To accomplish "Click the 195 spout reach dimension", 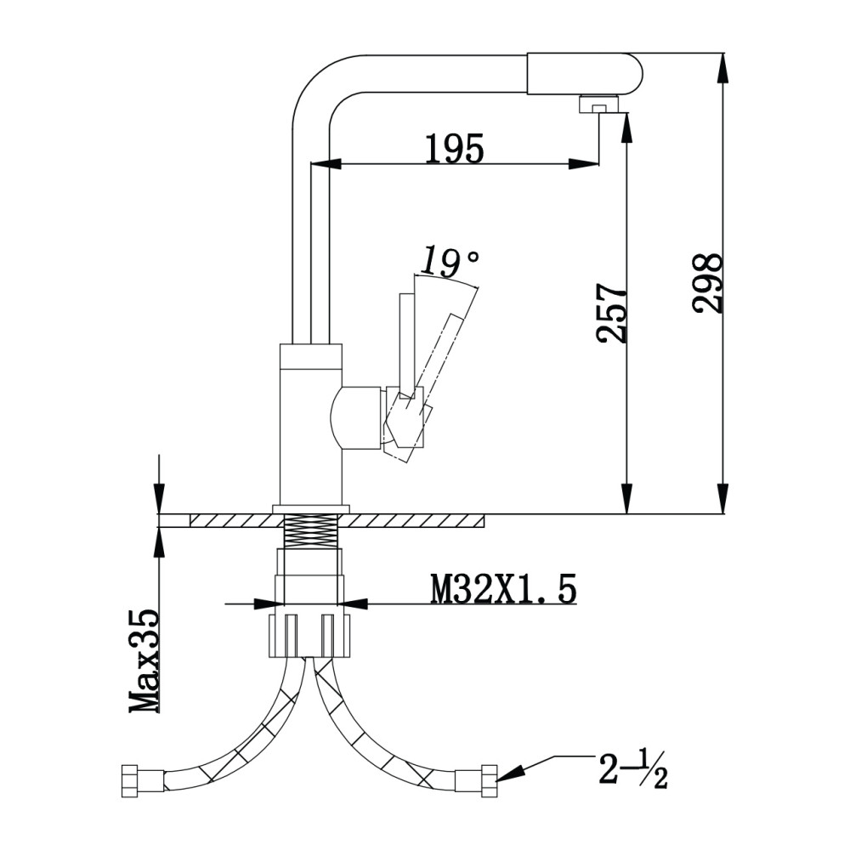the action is click(454, 149).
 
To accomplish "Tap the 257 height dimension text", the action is click(611, 314).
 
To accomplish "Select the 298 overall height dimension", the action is click(708, 283).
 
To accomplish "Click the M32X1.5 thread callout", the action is click(503, 589).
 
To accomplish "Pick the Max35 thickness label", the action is click(144, 661).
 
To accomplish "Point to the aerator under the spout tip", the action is click(599, 103).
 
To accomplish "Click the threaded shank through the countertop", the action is click(310, 531).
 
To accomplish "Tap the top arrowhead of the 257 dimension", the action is click(626, 128).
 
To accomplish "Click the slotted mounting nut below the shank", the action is click(309, 636).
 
